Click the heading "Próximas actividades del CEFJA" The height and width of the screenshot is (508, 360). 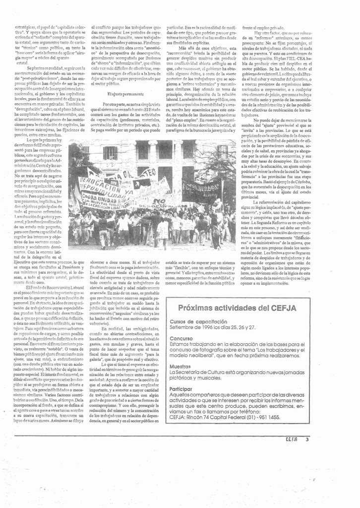(x=237, y=308)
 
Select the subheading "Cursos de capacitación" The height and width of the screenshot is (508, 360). (x=194, y=321)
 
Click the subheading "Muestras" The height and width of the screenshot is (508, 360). (x=180, y=366)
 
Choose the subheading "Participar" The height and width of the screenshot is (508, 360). (x=181, y=389)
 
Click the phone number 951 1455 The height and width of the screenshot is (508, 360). (x=267, y=417)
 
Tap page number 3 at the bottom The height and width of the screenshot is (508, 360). (x=307, y=439)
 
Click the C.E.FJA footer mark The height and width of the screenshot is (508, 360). (x=292, y=439)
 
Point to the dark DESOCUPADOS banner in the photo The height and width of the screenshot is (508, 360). (x=201, y=188)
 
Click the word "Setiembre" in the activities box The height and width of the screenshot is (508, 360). (x=180, y=327)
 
